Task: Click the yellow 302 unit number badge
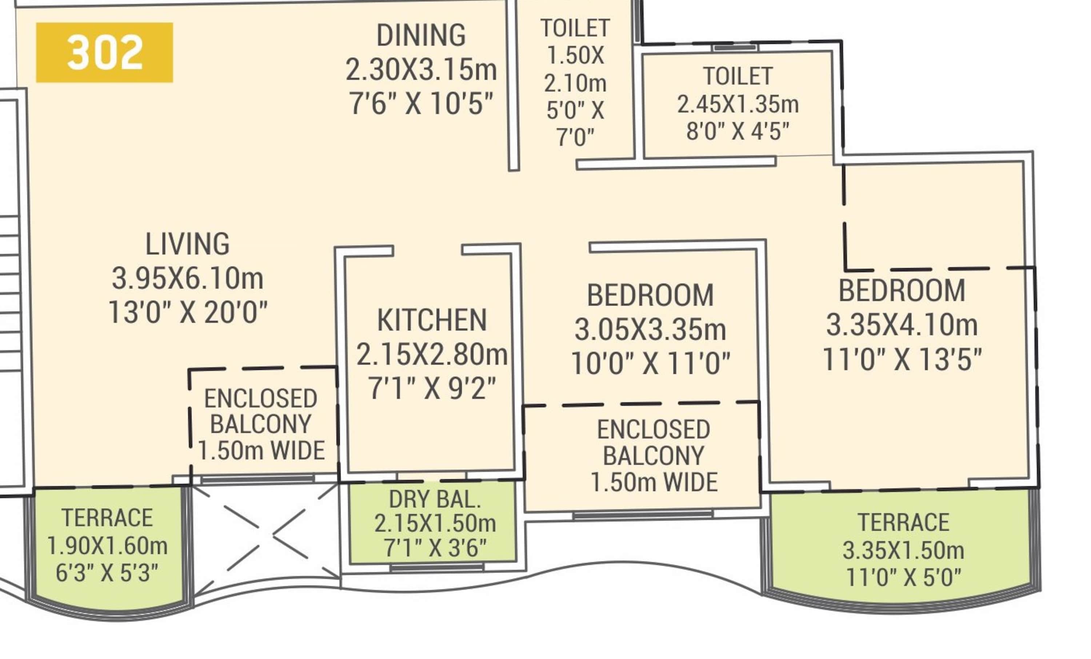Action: [104, 52]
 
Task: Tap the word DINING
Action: [421, 35]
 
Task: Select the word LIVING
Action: [188, 244]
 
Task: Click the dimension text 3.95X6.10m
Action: [188, 278]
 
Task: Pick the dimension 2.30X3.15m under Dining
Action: [421, 70]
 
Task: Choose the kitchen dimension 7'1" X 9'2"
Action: [432, 389]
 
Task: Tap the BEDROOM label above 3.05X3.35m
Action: [651, 295]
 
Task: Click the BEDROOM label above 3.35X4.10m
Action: [902, 290]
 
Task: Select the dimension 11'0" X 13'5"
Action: [902, 359]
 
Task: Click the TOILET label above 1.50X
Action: [575, 28]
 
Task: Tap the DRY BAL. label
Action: [435, 499]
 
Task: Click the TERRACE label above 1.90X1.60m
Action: [107, 518]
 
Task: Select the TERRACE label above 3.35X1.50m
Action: [903, 522]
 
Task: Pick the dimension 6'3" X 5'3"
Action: [107, 573]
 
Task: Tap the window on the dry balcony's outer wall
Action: [437, 567]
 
